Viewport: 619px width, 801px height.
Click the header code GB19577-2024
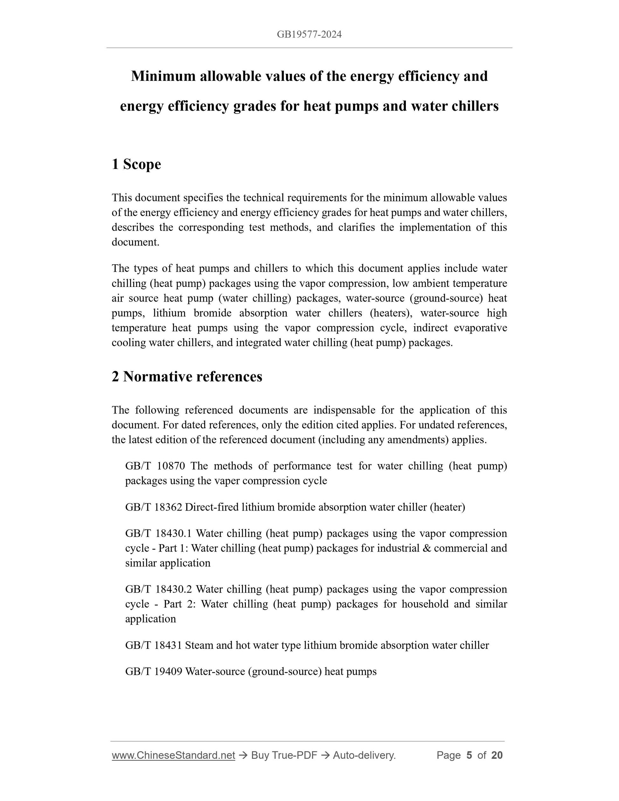(309, 34)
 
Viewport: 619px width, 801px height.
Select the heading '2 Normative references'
(187, 377)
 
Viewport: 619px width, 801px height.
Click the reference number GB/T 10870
(155, 466)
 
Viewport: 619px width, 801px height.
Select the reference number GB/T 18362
(154, 507)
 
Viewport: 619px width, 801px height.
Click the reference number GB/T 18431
(154, 645)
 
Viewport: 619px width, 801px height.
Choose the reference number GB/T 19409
(154, 672)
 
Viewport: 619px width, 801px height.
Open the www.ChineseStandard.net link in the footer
(173, 755)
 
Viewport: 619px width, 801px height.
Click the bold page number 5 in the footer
(469, 755)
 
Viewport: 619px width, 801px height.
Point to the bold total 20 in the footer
(497, 755)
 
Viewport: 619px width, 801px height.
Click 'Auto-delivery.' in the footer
(364, 755)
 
